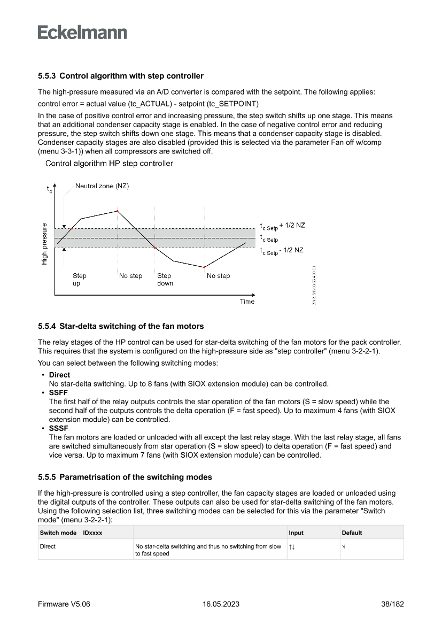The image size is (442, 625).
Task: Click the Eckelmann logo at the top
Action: point(82,33)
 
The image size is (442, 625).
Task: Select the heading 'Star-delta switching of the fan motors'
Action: point(131,326)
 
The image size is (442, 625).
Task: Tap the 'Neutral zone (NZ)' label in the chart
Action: point(102,186)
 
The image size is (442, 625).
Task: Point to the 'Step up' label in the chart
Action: point(79,280)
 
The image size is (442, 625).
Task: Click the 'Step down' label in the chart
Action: point(165,280)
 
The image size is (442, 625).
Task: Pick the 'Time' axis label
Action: point(247,302)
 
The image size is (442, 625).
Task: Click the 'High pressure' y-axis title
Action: point(44,244)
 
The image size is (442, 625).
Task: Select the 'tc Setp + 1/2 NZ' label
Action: point(282,226)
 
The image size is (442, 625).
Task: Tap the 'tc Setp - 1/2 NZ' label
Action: point(282,250)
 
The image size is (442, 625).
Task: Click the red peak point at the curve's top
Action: point(117,211)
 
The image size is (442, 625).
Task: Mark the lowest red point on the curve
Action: point(204,267)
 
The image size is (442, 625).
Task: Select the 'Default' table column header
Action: point(352,533)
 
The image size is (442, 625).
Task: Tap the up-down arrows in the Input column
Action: point(292,546)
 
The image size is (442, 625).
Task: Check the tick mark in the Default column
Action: point(344,546)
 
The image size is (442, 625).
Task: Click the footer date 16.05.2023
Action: point(221,604)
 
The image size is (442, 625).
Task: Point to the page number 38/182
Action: point(389,604)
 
